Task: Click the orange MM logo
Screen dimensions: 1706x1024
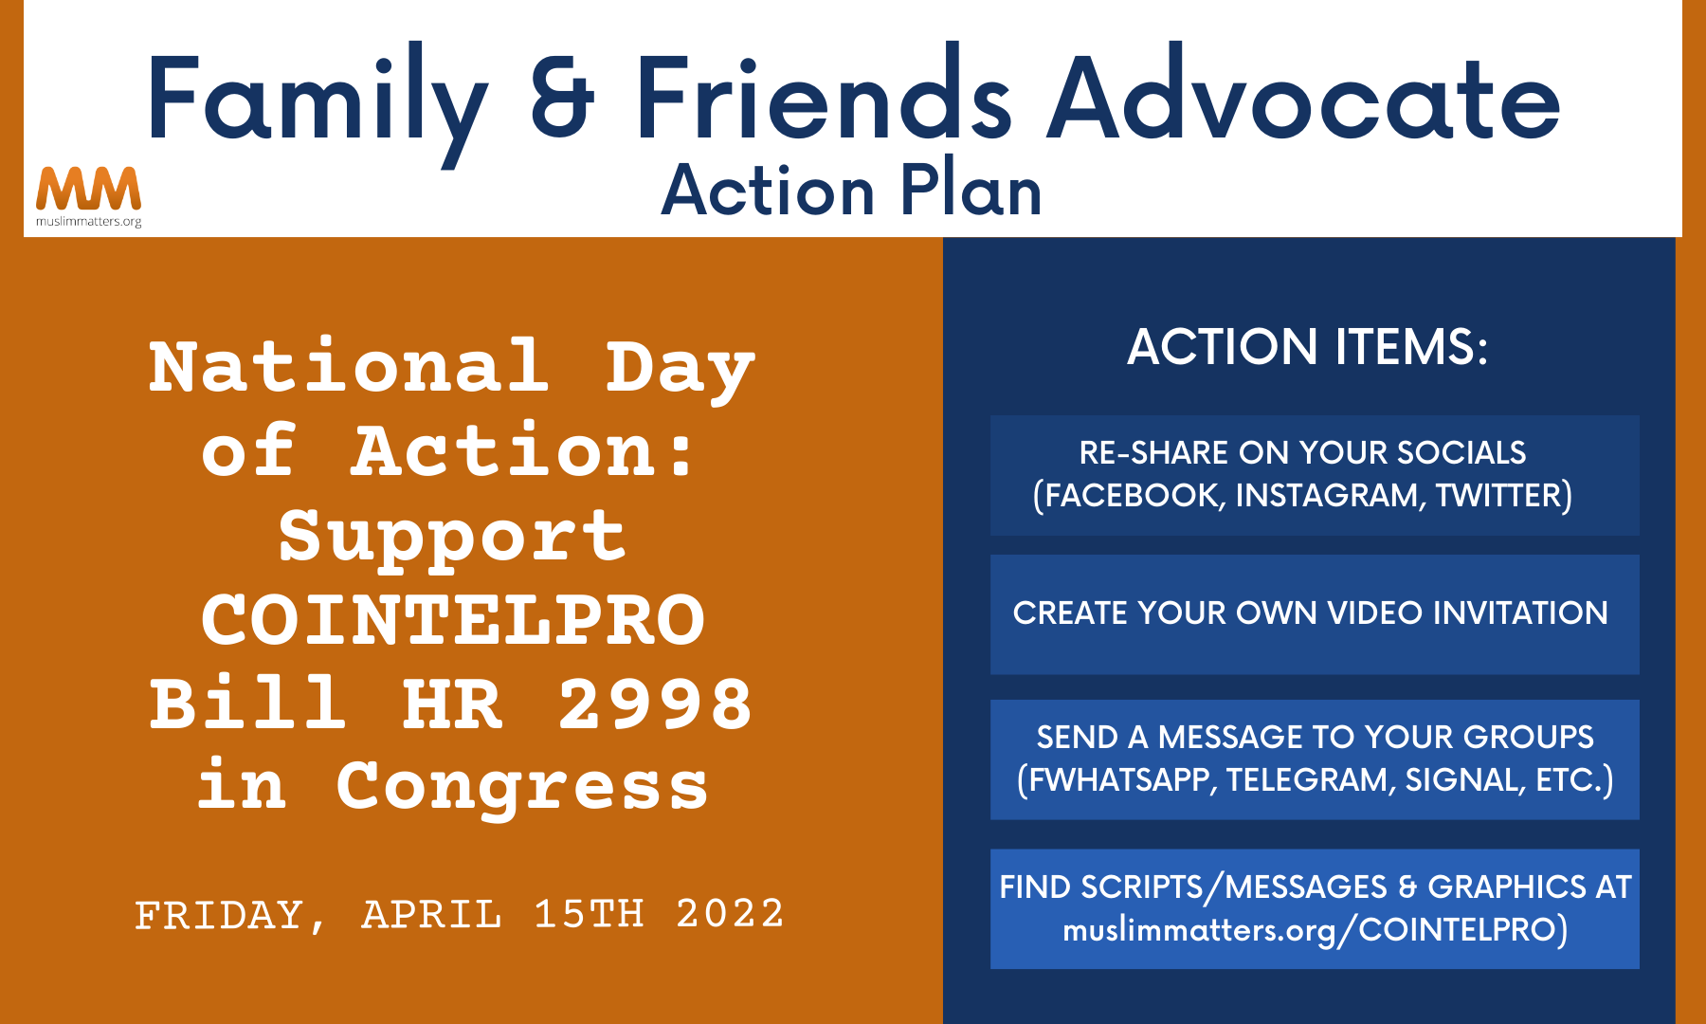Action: click(88, 189)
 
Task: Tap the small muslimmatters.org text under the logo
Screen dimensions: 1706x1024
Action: click(88, 222)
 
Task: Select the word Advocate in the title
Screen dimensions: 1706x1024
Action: click(1304, 95)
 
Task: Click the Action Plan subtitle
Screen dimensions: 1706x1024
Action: click(851, 191)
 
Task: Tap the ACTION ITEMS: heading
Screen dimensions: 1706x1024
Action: click(1307, 346)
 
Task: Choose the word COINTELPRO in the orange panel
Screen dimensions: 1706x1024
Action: click(453, 620)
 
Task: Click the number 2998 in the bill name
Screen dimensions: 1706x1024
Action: click(655, 704)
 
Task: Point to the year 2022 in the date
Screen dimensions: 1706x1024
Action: click(730, 914)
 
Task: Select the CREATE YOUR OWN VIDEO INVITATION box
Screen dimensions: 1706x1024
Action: click(1315, 614)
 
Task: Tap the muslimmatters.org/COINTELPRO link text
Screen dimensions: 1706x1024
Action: click(1315, 929)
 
